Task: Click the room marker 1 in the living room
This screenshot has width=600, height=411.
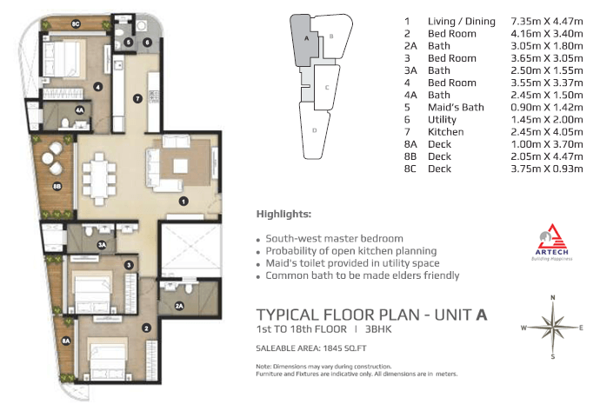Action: tap(183, 201)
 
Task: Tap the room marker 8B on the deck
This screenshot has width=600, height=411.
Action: tap(57, 187)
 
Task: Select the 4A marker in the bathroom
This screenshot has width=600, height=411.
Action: tap(79, 110)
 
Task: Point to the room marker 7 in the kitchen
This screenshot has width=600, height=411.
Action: tap(137, 99)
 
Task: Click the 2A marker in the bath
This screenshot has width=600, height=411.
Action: tap(179, 306)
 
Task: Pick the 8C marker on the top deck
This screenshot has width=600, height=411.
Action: tap(76, 24)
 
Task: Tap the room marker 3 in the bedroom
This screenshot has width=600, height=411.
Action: tap(129, 265)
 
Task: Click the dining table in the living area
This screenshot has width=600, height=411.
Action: tap(99, 178)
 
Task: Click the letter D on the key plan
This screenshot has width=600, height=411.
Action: tap(315, 130)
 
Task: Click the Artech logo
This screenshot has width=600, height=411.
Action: tap(552, 242)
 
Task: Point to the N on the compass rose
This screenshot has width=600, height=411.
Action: tap(552, 297)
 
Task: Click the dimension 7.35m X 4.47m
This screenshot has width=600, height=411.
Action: tap(547, 22)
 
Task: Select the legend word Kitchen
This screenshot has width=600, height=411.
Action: tap(446, 132)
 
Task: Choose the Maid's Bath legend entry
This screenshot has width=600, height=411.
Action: tap(456, 108)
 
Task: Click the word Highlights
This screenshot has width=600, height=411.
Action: tap(284, 214)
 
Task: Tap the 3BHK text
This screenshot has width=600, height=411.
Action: tap(378, 329)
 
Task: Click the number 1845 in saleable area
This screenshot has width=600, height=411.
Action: tap(332, 348)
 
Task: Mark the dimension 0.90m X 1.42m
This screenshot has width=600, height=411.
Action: tap(547, 108)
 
